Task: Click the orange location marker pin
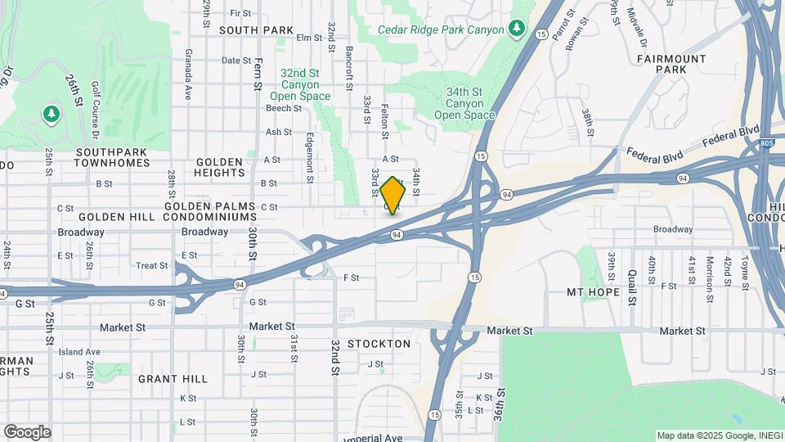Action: tap(393, 195)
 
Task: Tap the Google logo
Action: tap(27, 432)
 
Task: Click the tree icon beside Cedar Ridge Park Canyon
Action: tap(516, 29)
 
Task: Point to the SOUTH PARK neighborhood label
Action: tap(256, 30)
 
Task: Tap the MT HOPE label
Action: tap(590, 292)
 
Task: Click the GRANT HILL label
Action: tap(173, 379)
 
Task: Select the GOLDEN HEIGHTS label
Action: tap(220, 167)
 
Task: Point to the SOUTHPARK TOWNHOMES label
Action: tap(113, 157)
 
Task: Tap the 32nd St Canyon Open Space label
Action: tap(300, 84)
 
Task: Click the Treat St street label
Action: tap(152, 265)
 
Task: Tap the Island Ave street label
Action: tap(79, 352)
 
